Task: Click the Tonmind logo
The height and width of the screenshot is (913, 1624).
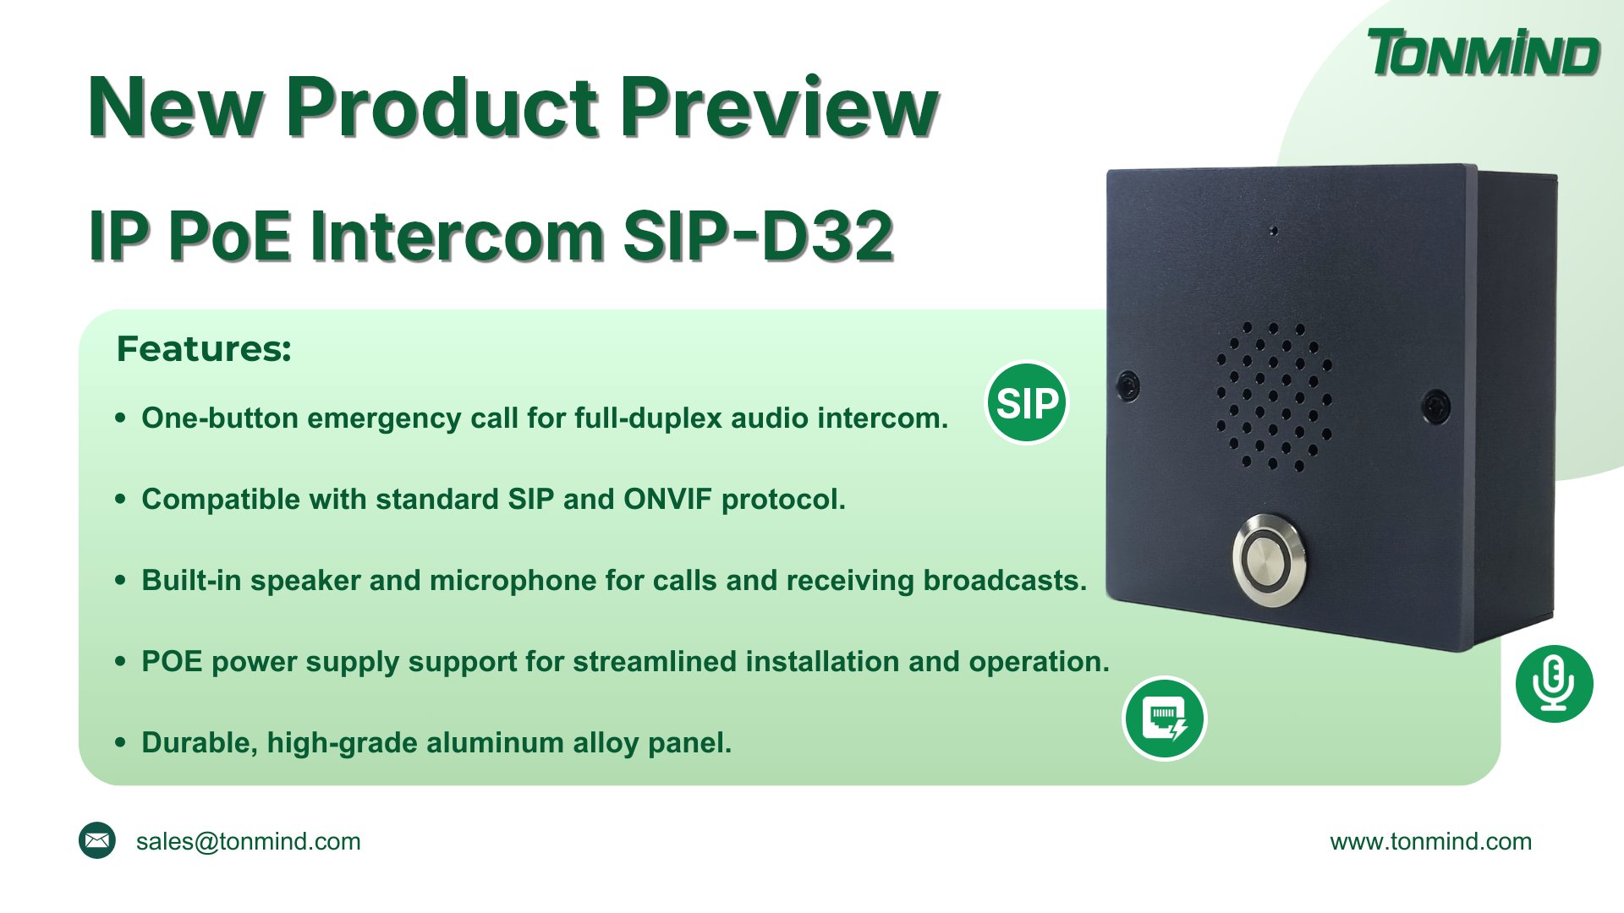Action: (x=1483, y=53)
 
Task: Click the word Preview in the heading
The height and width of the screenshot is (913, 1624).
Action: (x=779, y=108)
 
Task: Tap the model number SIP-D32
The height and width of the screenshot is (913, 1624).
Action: (x=758, y=236)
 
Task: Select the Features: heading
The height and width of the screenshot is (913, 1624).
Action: (x=204, y=349)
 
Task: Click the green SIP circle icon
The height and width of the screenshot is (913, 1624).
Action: (x=1027, y=403)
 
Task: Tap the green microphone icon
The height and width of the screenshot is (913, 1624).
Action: (x=1554, y=684)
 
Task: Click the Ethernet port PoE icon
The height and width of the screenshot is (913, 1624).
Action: (x=1164, y=719)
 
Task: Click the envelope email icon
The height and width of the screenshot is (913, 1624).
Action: (x=97, y=840)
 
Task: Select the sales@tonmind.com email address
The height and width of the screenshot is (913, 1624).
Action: (x=248, y=842)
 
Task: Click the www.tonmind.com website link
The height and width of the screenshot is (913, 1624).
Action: (x=1430, y=842)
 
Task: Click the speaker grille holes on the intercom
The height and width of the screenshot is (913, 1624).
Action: (x=1273, y=396)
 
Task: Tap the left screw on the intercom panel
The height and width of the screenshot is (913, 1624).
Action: (x=1128, y=385)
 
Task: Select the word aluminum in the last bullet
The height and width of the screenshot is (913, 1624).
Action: (x=495, y=743)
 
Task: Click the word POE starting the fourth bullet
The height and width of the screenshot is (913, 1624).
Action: (x=172, y=662)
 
